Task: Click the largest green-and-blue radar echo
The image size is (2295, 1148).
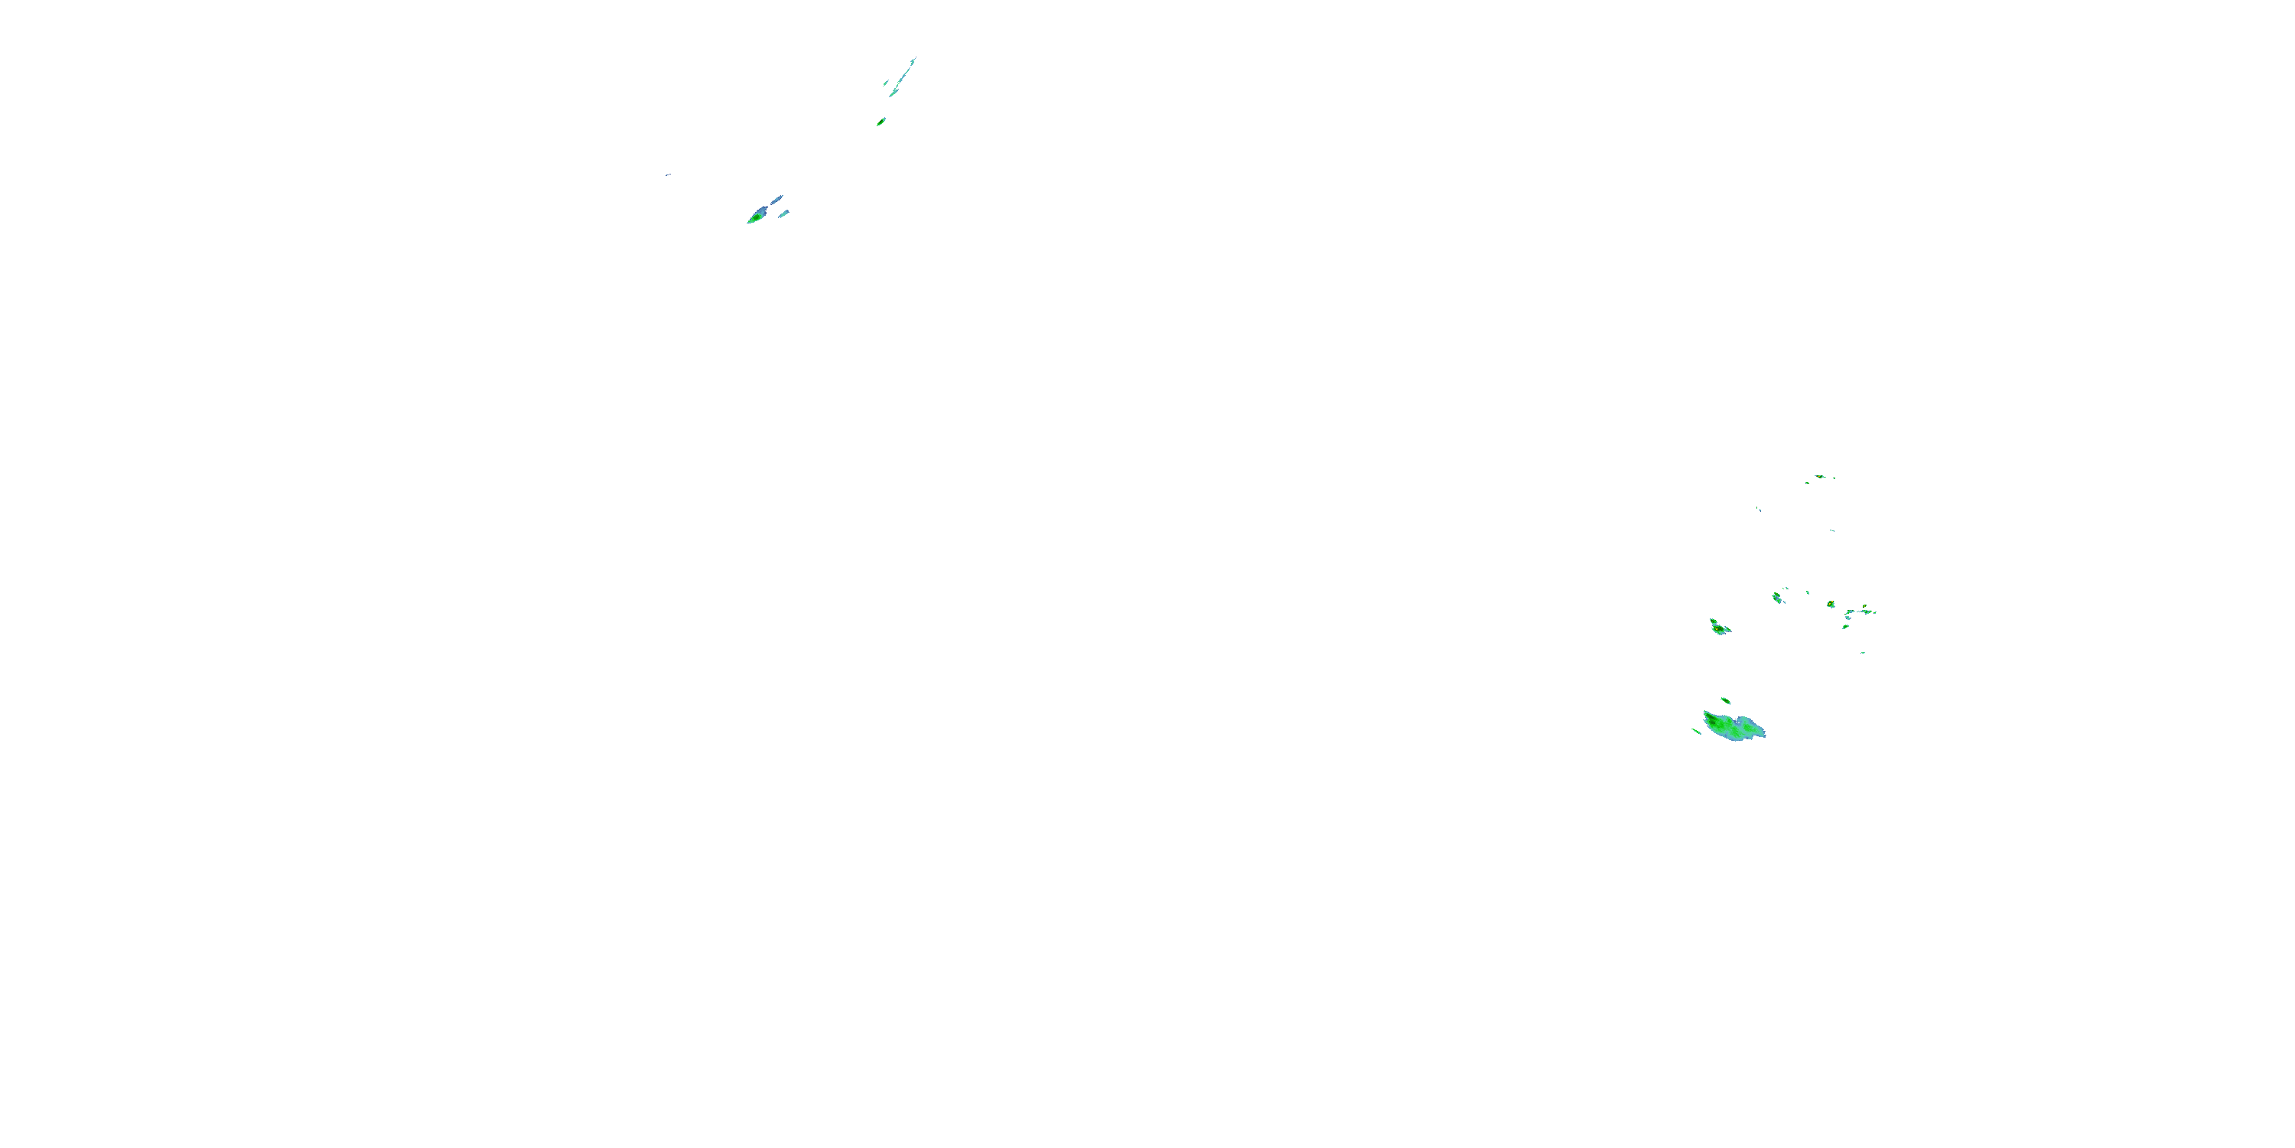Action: pos(1732,726)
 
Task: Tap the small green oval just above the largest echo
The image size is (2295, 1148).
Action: pos(1726,700)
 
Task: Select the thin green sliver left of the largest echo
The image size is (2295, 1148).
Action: pos(1696,732)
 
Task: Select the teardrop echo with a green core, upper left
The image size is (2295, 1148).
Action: pos(757,215)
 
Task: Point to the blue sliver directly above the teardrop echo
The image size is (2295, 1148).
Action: pos(777,199)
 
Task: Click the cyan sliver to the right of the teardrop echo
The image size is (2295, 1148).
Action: pos(783,213)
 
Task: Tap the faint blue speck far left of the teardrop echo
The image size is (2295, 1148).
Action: pos(667,174)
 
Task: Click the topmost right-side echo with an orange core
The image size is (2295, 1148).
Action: pos(1819,476)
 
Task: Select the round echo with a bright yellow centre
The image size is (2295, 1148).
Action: pos(1831,605)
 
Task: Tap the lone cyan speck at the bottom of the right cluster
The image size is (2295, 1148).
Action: pos(1863,652)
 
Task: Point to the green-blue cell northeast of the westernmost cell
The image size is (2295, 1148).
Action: pos(1777,597)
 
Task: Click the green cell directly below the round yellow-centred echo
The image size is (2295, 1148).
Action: pos(1845,627)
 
